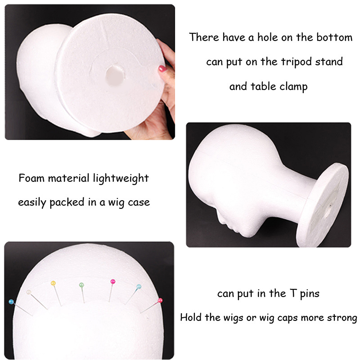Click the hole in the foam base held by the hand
(115, 75)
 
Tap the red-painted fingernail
(162, 68)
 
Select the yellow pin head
(53, 283)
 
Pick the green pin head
(81, 285)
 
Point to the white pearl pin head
(29, 292)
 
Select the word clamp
(293, 86)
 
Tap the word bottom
(334, 37)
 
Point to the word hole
(267, 37)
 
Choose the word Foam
(31, 178)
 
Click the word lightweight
(121, 179)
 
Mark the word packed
(67, 202)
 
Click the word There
(204, 37)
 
